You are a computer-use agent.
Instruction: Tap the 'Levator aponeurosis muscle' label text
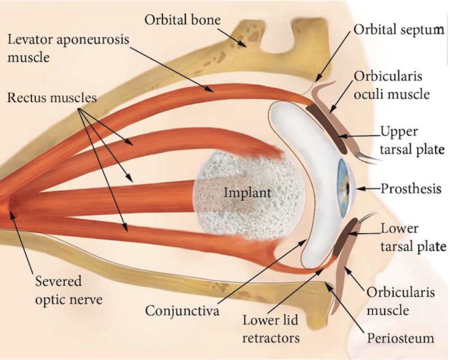tap(67, 48)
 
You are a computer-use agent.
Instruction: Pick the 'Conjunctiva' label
tap(182, 311)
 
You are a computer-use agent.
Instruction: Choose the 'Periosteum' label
tap(399, 338)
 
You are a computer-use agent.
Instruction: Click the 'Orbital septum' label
tap(399, 30)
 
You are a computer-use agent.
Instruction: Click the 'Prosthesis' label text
tap(411, 189)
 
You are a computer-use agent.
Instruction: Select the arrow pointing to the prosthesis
tap(369, 189)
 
